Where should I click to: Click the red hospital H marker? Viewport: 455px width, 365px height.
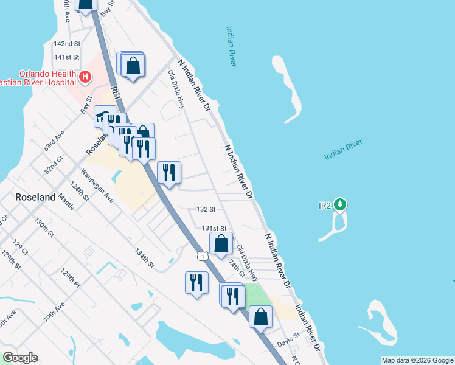click(x=85, y=77)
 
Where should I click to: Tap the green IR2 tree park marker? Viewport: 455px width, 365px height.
click(x=342, y=204)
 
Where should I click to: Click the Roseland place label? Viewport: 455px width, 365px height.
click(x=35, y=198)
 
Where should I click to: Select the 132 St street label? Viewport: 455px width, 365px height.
click(x=206, y=209)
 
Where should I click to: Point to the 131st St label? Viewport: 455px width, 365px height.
click(x=214, y=228)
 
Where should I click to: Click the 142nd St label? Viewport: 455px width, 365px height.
click(x=67, y=44)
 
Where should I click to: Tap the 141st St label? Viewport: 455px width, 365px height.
click(x=67, y=57)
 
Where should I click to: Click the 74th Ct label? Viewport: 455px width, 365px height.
click(x=236, y=267)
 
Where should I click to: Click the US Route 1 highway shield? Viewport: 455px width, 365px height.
click(x=201, y=257)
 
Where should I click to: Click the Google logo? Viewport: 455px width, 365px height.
click(x=20, y=358)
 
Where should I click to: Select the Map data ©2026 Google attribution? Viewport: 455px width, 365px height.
click(x=417, y=360)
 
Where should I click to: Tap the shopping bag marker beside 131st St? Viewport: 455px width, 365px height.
click(x=221, y=243)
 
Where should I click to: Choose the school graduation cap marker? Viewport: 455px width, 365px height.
click(x=105, y=117)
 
